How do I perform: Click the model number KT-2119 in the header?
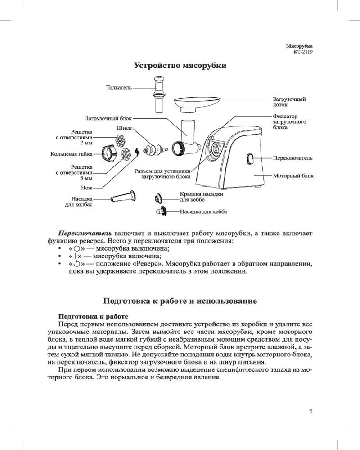(303, 52)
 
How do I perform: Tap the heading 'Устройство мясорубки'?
(180, 66)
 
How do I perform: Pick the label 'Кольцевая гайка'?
(71, 154)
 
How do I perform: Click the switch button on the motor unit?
(250, 159)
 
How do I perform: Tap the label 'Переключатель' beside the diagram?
(293, 159)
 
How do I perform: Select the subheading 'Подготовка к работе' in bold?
(91, 316)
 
